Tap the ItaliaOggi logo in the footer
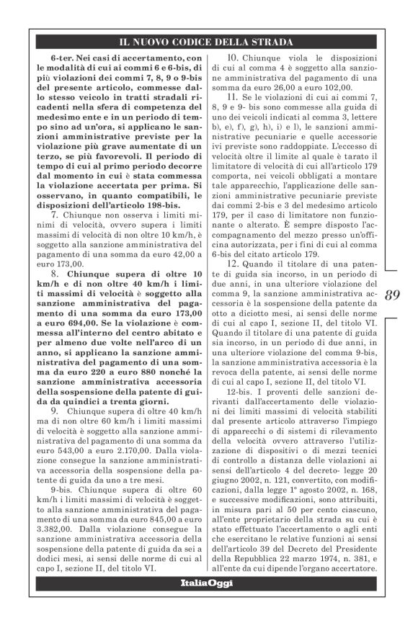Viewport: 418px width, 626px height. pyautogui.click(x=206, y=603)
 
